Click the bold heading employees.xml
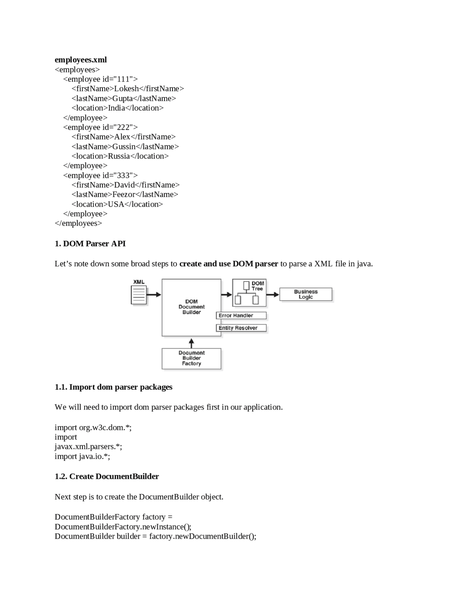pos(81,60)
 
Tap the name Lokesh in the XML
pos(126,89)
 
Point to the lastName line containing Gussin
pos(125,147)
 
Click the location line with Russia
pos(120,156)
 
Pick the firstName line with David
pos(125,185)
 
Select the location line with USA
pos(117,204)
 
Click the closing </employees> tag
pos(78,223)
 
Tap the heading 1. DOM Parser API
pos(90,244)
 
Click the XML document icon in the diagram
pos(139,294)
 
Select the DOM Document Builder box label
pos(191,307)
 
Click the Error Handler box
pos(241,316)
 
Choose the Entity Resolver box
pos(241,328)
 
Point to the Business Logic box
pos(306,294)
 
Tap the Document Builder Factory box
pos(191,358)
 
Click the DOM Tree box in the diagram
pos(249,293)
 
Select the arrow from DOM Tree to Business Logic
pos(273,294)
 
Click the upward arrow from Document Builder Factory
pos(191,343)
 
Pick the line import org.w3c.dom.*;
pos(93,428)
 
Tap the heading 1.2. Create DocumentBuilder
pos(107,477)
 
